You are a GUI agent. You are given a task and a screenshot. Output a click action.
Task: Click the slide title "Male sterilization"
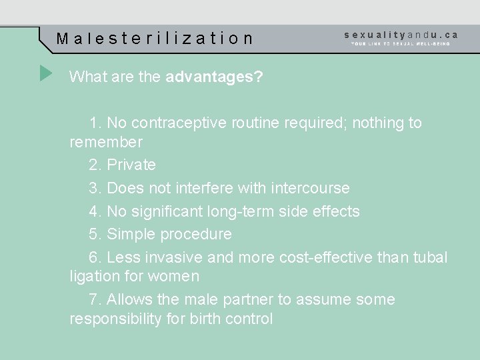point(155,38)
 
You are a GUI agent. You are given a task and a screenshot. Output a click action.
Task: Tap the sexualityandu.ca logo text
point(401,34)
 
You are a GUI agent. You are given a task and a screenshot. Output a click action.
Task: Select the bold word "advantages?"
point(214,77)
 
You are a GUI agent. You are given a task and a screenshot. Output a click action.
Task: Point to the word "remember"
point(106,142)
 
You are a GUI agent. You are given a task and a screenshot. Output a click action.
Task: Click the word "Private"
point(131,165)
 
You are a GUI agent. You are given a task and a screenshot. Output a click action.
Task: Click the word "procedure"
point(198,234)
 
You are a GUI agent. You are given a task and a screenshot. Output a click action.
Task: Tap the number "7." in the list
point(95,299)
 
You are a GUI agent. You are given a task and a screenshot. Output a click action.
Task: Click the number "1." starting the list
point(95,123)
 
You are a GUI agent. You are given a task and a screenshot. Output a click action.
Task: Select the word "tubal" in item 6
point(427,257)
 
